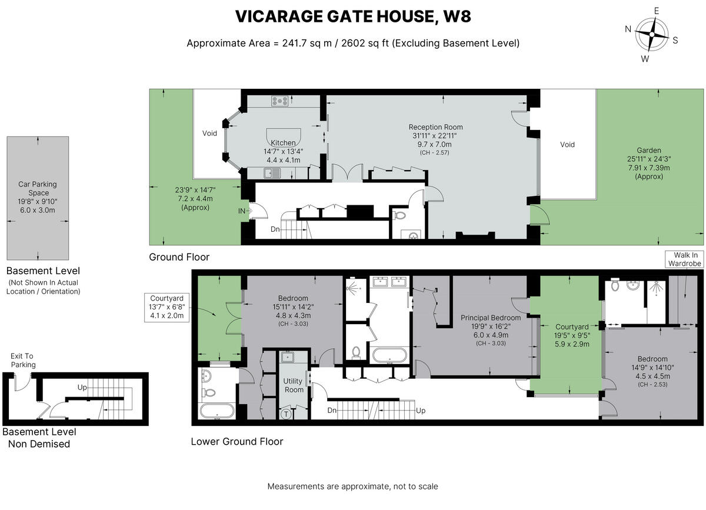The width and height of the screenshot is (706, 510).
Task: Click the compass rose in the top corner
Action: pyautogui.click(x=651, y=34)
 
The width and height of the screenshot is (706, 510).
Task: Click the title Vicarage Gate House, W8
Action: pyautogui.click(x=353, y=17)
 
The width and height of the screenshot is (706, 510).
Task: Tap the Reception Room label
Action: pyautogui.click(x=435, y=127)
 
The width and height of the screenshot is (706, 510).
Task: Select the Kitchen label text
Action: pyautogui.click(x=283, y=143)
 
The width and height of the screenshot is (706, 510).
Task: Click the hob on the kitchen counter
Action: pyautogui.click(x=279, y=101)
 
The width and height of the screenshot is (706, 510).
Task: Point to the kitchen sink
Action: pyautogui.click(x=274, y=173)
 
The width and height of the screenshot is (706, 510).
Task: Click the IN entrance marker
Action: pyautogui.click(x=242, y=210)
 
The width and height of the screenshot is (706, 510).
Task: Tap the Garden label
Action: pyautogui.click(x=649, y=151)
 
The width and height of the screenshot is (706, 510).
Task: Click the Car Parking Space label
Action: pyautogui.click(x=38, y=188)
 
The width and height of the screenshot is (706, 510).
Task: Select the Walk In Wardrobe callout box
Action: pyautogui.click(x=684, y=259)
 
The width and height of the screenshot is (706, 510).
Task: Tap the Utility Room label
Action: pyautogui.click(x=294, y=385)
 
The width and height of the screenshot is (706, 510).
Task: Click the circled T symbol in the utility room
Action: pyautogui.click(x=287, y=414)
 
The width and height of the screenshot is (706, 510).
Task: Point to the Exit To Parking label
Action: pyautogui.click(x=23, y=360)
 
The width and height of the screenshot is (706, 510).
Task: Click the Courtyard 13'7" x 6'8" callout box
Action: pyautogui.click(x=167, y=306)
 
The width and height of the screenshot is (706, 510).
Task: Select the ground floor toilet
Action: pyautogui.click(x=400, y=215)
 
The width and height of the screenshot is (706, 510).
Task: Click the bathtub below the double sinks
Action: pyautogui.click(x=388, y=356)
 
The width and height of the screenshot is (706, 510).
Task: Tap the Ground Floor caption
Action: pyautogui.click(x=179, y=257)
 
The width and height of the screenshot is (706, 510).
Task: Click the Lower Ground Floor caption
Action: pyautogui.click(x=237, y=441)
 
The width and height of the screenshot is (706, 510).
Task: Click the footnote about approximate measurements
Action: pyautogui.click(x=352, y=486)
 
